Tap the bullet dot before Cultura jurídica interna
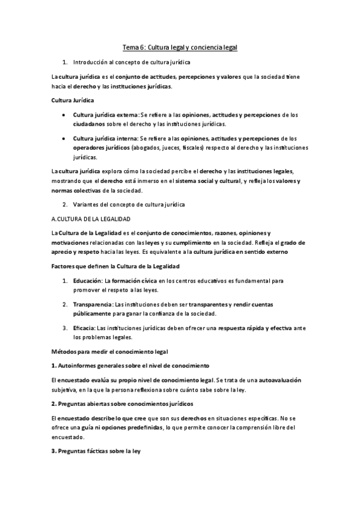coord(64,138)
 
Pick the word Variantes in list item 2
coord(87,204)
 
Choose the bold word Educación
coord(88,280)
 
